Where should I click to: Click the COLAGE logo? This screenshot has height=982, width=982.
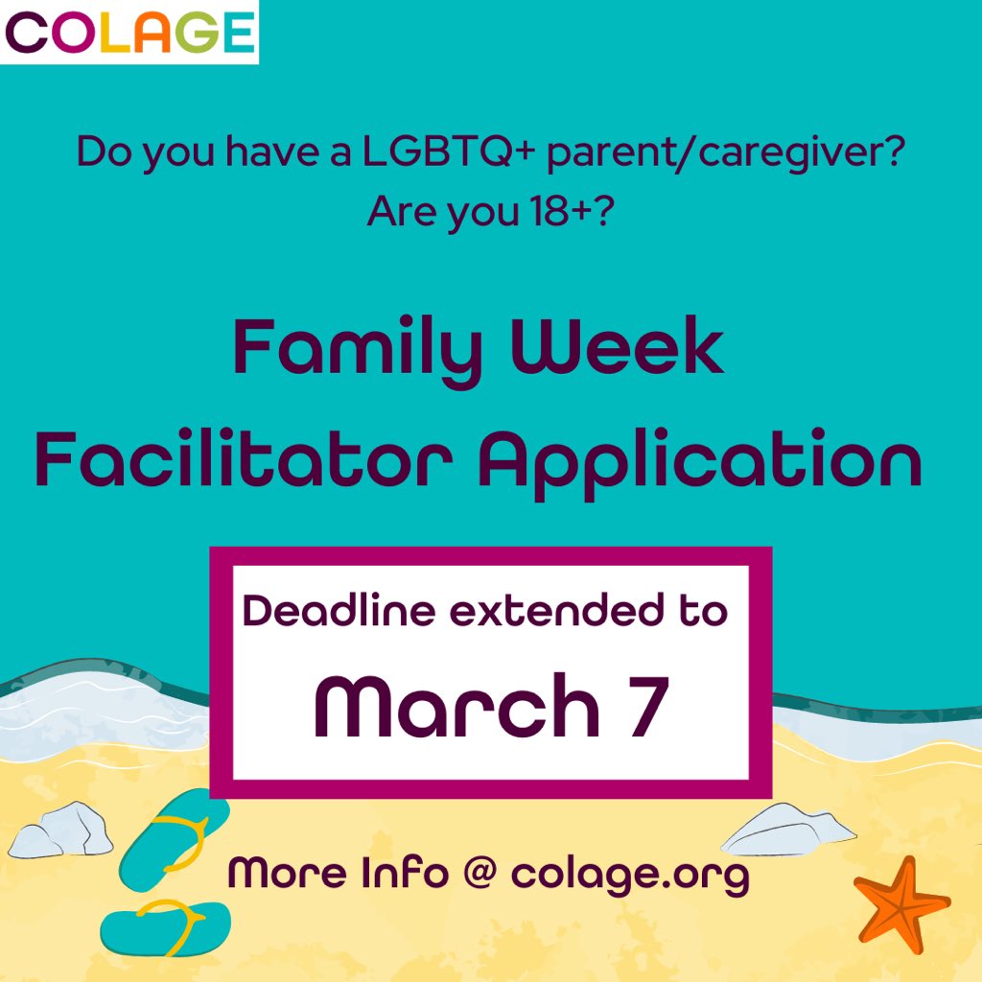point(129,32)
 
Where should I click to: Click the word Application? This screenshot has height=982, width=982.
point(699,463)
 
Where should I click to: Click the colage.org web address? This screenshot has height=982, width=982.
point(629,875)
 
